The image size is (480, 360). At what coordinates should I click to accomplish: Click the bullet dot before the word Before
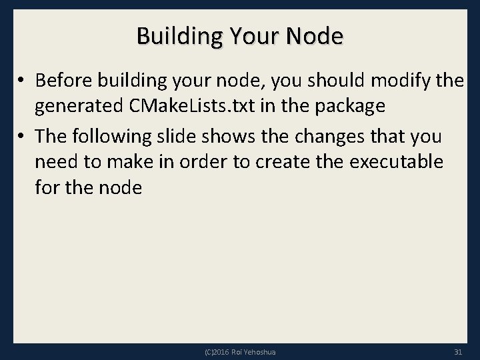point(22,81)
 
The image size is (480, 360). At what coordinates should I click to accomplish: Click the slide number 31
point(457,352)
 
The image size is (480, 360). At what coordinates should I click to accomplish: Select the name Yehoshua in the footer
point(262,352)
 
